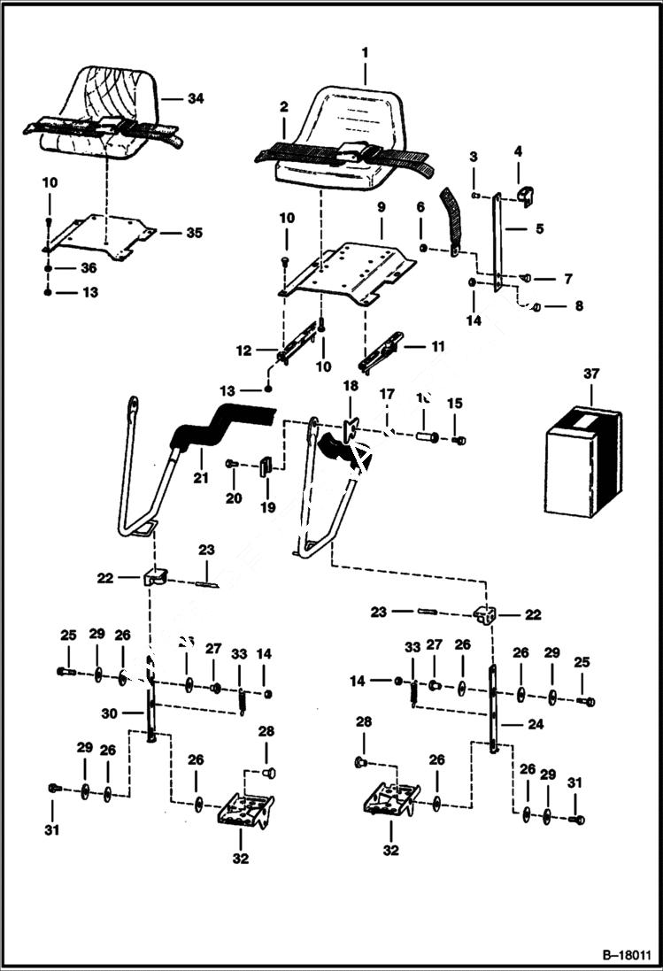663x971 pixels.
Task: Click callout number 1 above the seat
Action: point(364,53)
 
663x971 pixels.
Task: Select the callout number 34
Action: point(196,98)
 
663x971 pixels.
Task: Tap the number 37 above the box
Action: point(591,374)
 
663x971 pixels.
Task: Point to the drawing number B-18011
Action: point(624,956)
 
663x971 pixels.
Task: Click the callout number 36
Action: point(88,267)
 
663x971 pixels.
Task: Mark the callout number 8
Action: point(579,307)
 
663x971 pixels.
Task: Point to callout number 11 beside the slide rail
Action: point(437,347)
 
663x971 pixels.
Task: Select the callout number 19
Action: point(267,507)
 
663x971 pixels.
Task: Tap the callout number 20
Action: point(233,498)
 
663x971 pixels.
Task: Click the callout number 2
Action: point(283,106)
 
